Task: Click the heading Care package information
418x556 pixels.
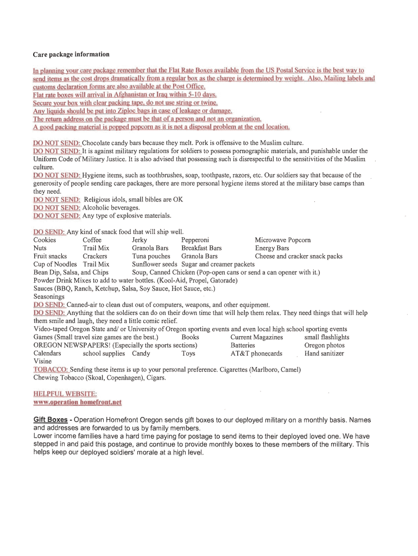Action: pos(71,54)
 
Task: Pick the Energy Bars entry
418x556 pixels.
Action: pos(272,248)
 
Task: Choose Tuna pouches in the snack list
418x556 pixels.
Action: pos(151,256)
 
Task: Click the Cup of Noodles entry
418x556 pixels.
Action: pos(55,264)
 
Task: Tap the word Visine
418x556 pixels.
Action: pos(42,361)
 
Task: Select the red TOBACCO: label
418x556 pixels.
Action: pos(50,369)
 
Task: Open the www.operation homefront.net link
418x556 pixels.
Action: pos(78,402)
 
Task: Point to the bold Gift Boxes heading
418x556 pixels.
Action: pos(50,420)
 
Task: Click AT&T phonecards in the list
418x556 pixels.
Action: pos(256,353)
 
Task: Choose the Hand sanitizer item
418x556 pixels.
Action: pos(324,353)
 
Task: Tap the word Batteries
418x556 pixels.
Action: pos(243,345)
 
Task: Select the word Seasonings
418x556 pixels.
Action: pos(49,297)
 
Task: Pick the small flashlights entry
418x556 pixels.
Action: pos(327,337)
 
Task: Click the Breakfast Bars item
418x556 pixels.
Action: pos(201,248)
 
